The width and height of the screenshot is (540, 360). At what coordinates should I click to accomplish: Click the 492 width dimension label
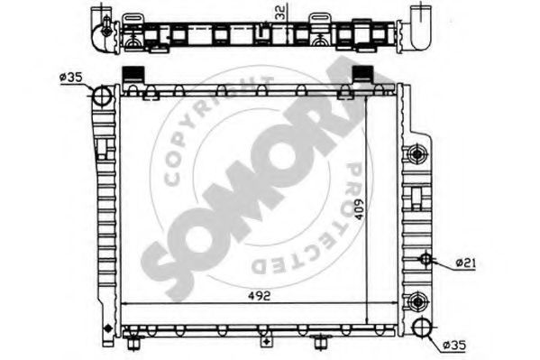coord(259,296)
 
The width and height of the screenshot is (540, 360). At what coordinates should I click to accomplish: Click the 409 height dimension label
coord(358,209)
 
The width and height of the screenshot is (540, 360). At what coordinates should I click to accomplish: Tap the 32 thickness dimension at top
coord(280,14)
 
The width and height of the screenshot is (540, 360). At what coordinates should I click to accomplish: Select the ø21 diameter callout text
coord(465,263)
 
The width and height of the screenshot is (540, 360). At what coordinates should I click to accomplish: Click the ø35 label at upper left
coord(70,77)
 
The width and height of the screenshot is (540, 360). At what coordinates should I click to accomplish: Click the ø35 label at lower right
coord(454,346)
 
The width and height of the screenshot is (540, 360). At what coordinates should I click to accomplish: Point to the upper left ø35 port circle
coord(103,95)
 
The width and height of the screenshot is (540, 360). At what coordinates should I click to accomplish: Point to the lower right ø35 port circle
coord(422,328)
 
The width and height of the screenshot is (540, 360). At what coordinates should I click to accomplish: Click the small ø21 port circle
coord(426,259)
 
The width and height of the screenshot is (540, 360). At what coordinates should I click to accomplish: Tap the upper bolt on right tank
coord(417,153)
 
